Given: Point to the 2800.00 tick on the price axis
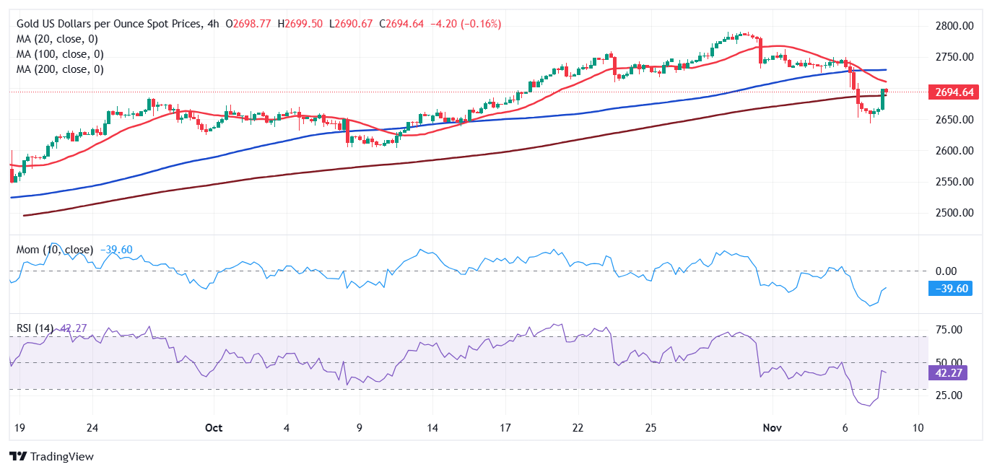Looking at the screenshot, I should [x=954, y=26].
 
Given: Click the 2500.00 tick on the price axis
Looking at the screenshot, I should [x=954, y=213].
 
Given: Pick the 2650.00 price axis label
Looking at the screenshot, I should [x=954, y=119].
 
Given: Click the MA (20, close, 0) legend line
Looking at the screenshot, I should [x=57, y=39].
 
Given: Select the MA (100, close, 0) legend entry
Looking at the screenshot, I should [x=60, y=54].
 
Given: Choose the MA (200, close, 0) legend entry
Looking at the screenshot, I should [x=60, y=69].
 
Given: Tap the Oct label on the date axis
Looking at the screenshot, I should [x=213, y=427].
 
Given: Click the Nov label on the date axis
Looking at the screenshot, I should [x=772, y=427].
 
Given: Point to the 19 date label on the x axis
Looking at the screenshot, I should [x=19, y=427].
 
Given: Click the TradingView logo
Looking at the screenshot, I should [x=51, y=456].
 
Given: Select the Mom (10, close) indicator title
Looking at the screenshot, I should [x=55, y=250].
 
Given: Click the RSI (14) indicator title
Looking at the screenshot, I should [x=35, y=328].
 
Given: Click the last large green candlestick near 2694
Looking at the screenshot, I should [x=883, y=99].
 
